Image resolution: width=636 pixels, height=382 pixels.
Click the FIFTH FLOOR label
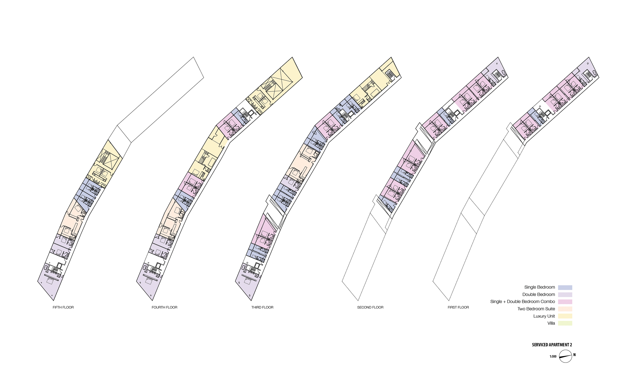[x=63, y=307]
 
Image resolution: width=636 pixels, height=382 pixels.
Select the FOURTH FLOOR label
[x=164, y=307]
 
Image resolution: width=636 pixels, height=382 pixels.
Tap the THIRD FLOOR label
[x=262, y=307]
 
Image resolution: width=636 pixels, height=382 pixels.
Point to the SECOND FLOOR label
[x=370, y=307]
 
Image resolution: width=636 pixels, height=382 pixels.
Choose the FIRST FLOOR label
[x=458, y=307]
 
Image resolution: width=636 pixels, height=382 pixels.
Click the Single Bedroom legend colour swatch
[x=565, y=287]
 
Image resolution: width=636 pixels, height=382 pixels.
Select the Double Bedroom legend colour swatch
[x=565, y=294]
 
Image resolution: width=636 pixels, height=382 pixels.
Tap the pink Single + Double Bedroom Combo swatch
[x=565, y=302]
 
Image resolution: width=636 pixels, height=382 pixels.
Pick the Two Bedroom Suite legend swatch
[x=565, y=309]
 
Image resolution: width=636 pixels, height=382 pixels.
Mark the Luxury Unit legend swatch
[x=565, y=316]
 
